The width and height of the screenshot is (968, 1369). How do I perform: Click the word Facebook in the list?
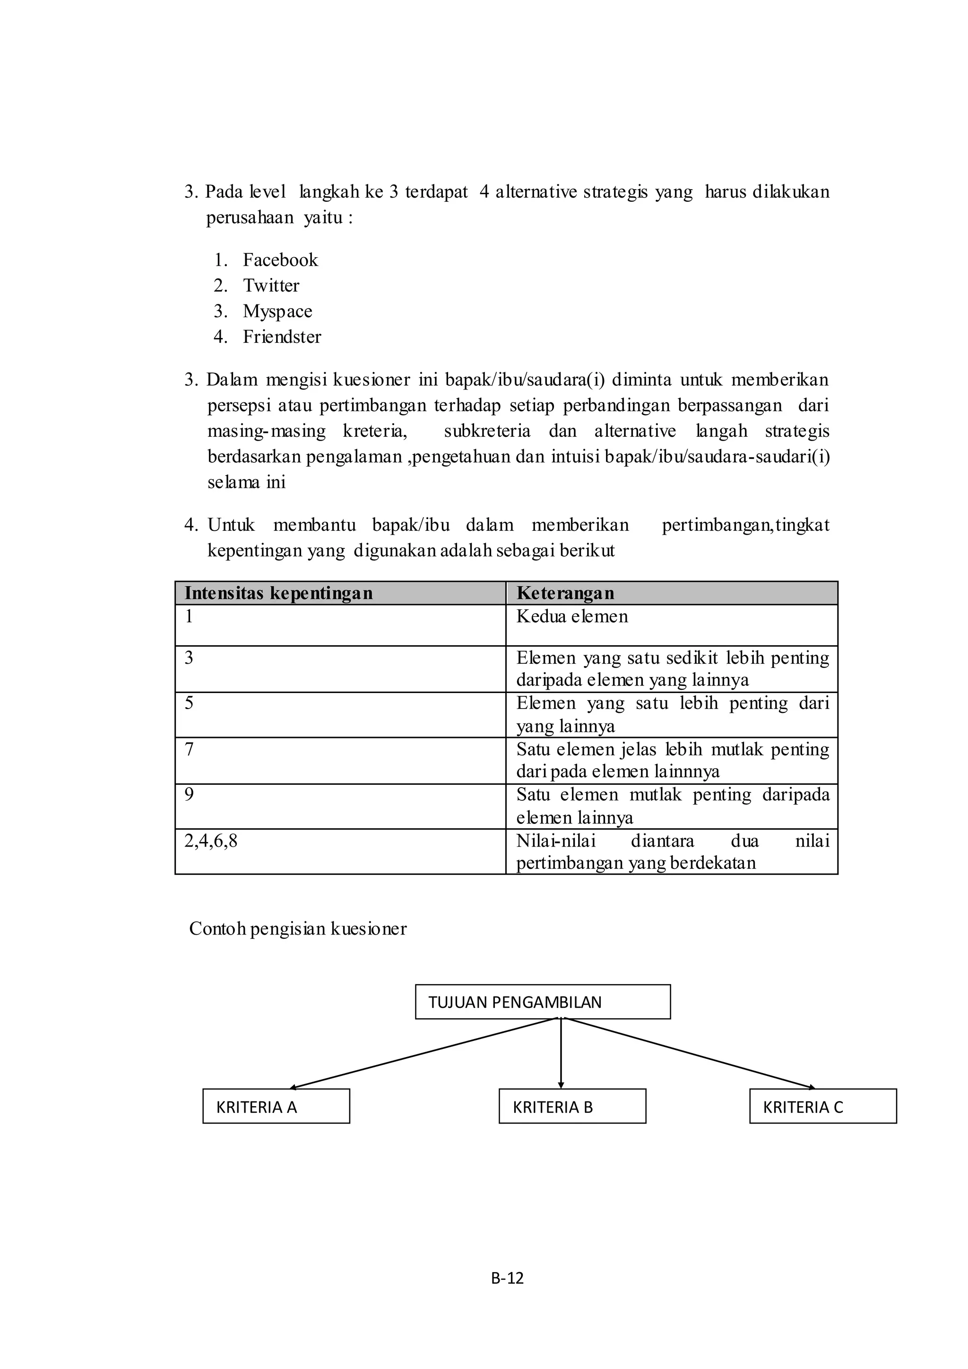point(280,260)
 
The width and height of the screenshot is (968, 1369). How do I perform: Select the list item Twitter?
point(271,286)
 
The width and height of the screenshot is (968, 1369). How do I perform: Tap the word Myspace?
point(277,311)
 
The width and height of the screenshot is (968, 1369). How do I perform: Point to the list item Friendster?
point(282,337)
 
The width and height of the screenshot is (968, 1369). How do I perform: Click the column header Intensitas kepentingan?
point(278,593)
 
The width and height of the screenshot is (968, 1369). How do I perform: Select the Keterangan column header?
point(565,593)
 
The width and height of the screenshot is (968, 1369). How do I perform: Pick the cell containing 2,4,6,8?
point(211,841)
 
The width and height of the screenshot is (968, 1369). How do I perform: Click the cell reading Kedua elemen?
point(572,616)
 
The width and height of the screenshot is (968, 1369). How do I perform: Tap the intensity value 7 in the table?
point(189,749)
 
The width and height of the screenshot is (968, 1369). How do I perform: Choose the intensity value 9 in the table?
point(189,795)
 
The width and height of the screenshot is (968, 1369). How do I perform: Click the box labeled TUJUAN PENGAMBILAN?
point(543,1002)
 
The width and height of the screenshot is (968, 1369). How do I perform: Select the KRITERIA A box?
point(276,1107)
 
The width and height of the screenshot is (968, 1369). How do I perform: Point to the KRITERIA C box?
point(822,1107)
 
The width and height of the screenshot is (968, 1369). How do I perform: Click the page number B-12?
point(507,1278)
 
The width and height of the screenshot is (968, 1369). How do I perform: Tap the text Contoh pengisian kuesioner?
point(297,929)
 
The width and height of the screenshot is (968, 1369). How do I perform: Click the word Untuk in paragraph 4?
point(231,525)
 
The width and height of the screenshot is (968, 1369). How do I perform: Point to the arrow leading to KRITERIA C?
point(691,1054)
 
